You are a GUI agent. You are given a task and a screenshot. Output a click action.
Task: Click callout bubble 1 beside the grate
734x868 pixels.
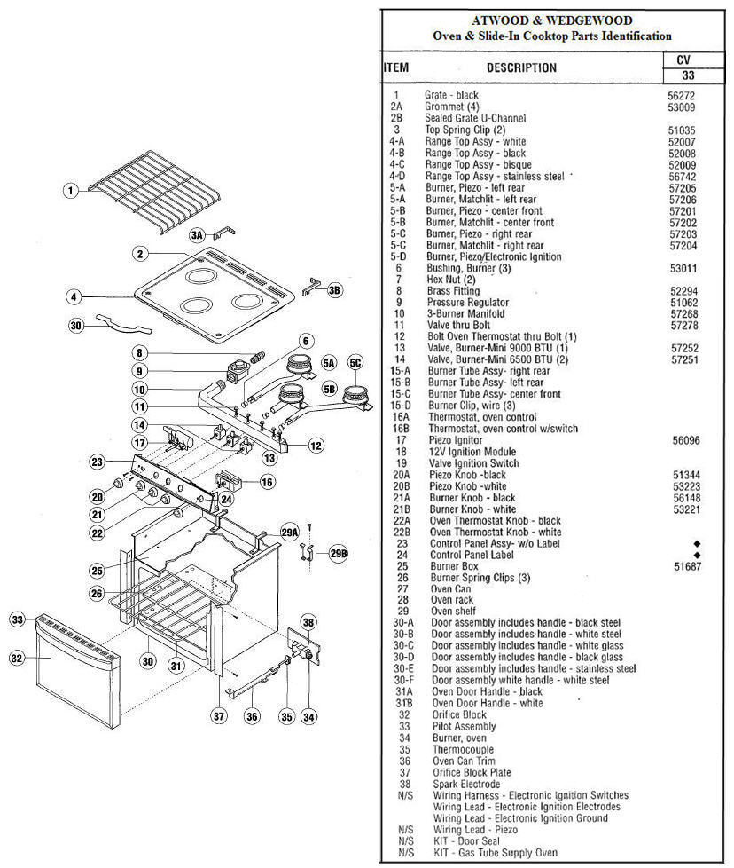(72, 190)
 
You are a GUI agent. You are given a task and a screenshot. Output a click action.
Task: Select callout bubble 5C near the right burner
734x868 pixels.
(355, 362)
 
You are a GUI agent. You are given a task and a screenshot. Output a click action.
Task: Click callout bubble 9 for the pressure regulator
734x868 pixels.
(140, 371)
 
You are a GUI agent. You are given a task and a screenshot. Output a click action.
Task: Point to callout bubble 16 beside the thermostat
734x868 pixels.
(267, 482)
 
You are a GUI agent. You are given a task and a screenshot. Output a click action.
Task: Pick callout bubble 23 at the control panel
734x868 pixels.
(98, 462)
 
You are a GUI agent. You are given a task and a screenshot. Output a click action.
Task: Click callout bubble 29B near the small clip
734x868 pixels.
(339, 553)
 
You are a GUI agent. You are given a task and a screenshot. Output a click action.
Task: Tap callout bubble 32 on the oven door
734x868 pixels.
(18, 659)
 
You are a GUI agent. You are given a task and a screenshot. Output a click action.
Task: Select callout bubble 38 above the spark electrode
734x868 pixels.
(308, 621)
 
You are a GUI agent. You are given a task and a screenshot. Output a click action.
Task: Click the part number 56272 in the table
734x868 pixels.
(682, 95)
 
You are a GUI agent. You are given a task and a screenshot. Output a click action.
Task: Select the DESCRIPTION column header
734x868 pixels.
(521, 67)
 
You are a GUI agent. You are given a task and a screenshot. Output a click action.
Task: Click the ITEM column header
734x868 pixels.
(395, 67)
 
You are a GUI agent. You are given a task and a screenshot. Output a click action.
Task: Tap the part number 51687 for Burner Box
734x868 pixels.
(687, 566)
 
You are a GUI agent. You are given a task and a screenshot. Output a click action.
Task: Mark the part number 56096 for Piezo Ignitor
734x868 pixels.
(682, 439)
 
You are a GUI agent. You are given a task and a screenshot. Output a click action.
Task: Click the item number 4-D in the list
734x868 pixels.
(397, 176)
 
